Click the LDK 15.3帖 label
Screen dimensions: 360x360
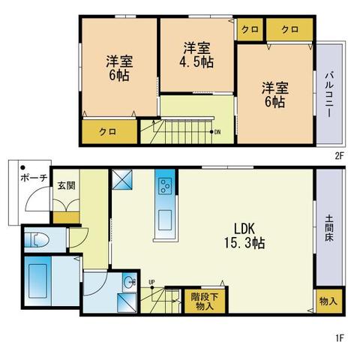pyautogui.click(x=244, y=235)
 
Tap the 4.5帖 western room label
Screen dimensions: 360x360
pyautogui.click(x=196, y=55)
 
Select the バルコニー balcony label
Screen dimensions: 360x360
pyautogui.click(x=329, y=94)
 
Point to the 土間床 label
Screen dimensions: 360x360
pyautogui.click(x=329, y=229)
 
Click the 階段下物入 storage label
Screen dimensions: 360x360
pyautogui.click(x=205, y=301)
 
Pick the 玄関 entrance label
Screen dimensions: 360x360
pyautogui.click(x=66, y=185)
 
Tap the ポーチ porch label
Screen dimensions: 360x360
pyautogui.click(x=34, y=178)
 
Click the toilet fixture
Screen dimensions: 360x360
pyautogui.click(x=37, y=240)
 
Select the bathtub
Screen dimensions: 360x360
pyautogui.click(x=37, y=280)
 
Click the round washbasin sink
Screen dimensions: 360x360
pyautogui.click(x=130, y=283)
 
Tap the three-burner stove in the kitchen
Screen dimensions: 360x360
pyautogui.click(x=165, y=186)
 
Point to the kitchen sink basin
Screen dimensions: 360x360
pyautogui.click(x=165, y=220)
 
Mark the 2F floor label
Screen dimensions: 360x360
pyautogui.click(x=340, y=156)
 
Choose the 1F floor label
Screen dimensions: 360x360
pyautogui.click(x=340, y=338)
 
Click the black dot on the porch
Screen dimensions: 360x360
pyautogui.click(x=23, y=167)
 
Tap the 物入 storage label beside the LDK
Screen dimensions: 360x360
pyautogui.click(x=328, y=301)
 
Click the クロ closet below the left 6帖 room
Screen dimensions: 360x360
pyautogui.click(x=109, y=132)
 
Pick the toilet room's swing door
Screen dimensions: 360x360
pyautogui.click(x=79, y=238)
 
